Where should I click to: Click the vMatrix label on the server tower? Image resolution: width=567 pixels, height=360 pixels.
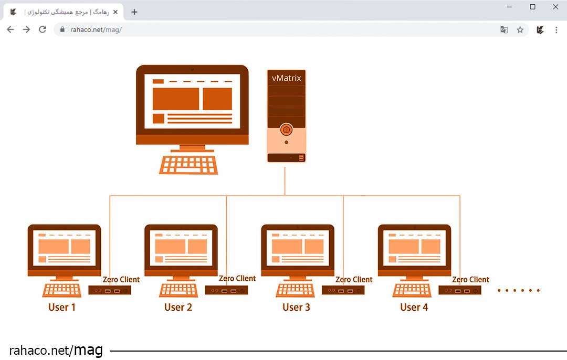coord(286,78)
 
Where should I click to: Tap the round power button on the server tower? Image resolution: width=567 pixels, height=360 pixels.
coord(286,129)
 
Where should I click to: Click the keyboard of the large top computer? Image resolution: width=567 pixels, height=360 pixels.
coord(188,164)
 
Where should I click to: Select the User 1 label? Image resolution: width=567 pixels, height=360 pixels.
coord(62,307)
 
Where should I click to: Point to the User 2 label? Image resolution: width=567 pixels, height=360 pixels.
coord(178,307)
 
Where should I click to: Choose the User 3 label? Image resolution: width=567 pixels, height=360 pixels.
coord(296,307)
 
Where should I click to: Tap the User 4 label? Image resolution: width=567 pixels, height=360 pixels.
coord(414,307)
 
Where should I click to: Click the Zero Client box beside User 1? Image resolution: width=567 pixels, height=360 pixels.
coord(109,290)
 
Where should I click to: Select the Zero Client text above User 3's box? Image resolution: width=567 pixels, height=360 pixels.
coord(354,280)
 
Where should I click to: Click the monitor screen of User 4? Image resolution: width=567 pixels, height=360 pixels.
coord(414,247)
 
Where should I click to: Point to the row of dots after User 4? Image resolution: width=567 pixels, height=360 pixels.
coord(518,290)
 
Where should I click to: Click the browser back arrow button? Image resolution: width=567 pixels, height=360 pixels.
coord(10,30)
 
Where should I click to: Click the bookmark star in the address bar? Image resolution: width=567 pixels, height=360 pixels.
coord(520,30)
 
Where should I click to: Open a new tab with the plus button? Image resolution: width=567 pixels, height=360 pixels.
coord(134,12)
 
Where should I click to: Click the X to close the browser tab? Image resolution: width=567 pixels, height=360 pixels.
coord(115,12)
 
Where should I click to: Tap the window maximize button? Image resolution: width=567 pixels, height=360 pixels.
coord(533,7)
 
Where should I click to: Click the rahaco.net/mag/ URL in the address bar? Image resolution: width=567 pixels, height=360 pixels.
coord(96,30)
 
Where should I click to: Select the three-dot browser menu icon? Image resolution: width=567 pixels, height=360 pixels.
coord(556,30)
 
